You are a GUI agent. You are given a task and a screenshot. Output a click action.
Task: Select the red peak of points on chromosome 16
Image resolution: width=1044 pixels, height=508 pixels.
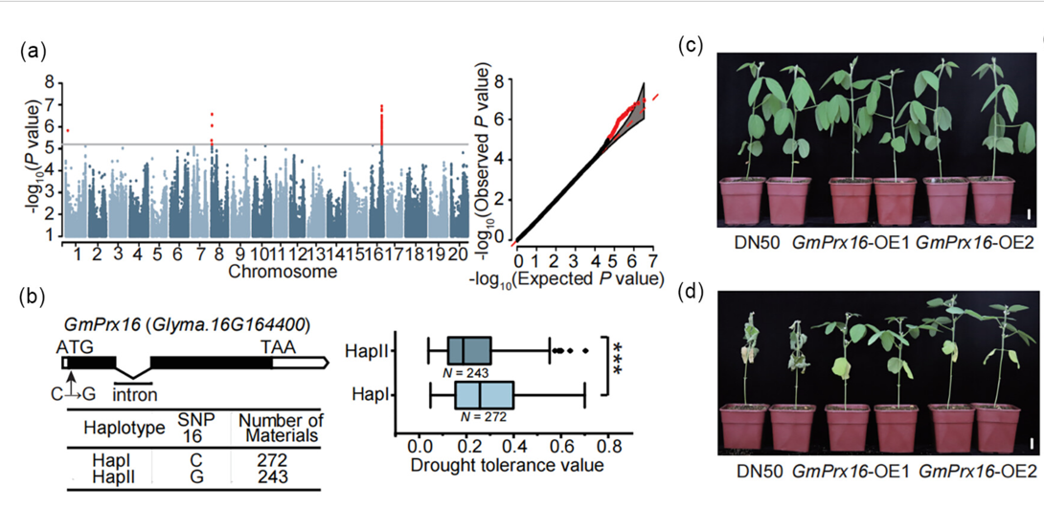pyautogui.click(x=382, y=120)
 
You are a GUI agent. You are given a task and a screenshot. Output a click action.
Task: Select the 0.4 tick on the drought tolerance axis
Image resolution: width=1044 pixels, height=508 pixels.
pyautogui.click(x=513, y=447)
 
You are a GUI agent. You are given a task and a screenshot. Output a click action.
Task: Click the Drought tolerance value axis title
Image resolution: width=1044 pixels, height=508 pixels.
pyautogui.click(x=507, y=466)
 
